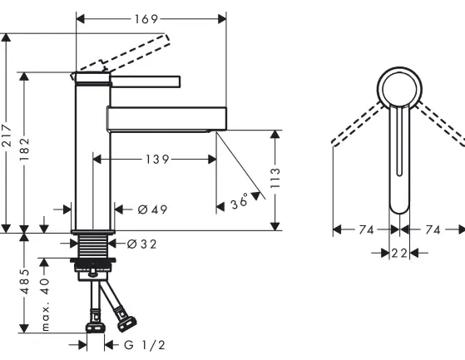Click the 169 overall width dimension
coord(150,17)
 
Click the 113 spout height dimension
coord(275,179)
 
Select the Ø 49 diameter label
coord(147,210)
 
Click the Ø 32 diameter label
coord(143,244)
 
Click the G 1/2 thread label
coord(146,343)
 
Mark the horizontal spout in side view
coord(166,118)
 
